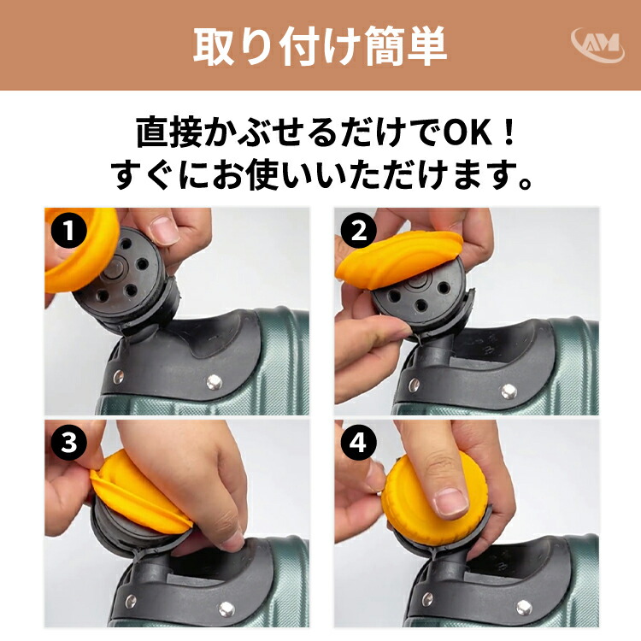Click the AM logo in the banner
tap(597, 44)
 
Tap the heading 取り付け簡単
tap(320, 46)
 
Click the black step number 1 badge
tap(68, 230)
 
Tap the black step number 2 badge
tap(358, 230)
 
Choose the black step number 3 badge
tap(68, 443)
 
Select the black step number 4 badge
tap(358, 443)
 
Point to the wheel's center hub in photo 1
tap(115, 270)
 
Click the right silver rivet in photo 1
tap(214, 382)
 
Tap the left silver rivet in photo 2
tap(413, 385)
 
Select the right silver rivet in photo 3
tap(226, 609)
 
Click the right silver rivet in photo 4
tap(523, 608)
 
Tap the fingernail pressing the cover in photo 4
tap(451, 502)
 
